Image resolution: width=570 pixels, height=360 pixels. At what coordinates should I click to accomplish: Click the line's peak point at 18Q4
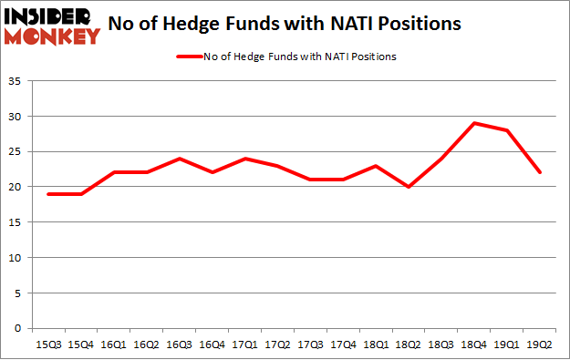pyautogui.click(x=474, y=123)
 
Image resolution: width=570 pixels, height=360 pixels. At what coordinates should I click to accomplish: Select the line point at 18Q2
pyautogui.click(x=409, y=187)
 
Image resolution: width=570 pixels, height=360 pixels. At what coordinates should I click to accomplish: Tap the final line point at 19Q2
pyautogui.click(x=540, y=172)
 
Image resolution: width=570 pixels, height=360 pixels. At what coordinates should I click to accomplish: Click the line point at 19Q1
pyautogui.click(x=507, y=130)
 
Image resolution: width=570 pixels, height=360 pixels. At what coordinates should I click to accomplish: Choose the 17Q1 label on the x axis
pyautogui.click(x=246, y=344)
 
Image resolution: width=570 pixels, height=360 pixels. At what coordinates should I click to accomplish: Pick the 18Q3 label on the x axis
pyautogui.click(x=442, y=344)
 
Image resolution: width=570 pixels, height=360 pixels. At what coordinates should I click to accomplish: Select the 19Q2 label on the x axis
pyautogui.click(x=540, y=344)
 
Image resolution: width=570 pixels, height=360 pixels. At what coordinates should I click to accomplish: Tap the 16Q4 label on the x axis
pyautogui.click(x=213, y=344)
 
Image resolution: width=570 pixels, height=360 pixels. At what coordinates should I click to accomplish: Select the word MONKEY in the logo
pyautogui.click(x=52, y=36)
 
